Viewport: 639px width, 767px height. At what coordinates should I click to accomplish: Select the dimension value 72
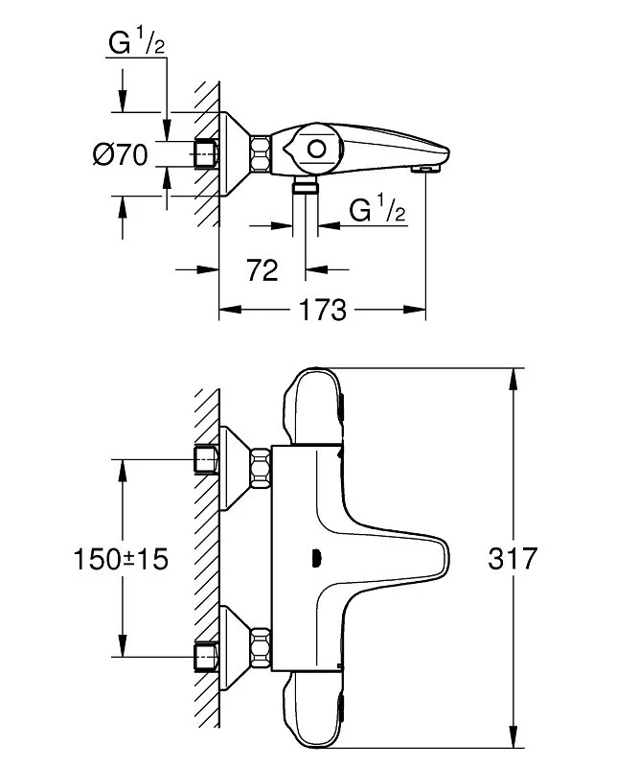pos(261,270)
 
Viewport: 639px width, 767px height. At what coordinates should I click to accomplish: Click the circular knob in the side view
pos(315,150)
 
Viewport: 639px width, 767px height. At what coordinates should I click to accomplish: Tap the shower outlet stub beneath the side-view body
pos(306,184)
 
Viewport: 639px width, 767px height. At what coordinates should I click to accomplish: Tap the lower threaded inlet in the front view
pos(206,656)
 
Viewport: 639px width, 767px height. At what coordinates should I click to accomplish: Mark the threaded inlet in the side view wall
pos(206,153)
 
